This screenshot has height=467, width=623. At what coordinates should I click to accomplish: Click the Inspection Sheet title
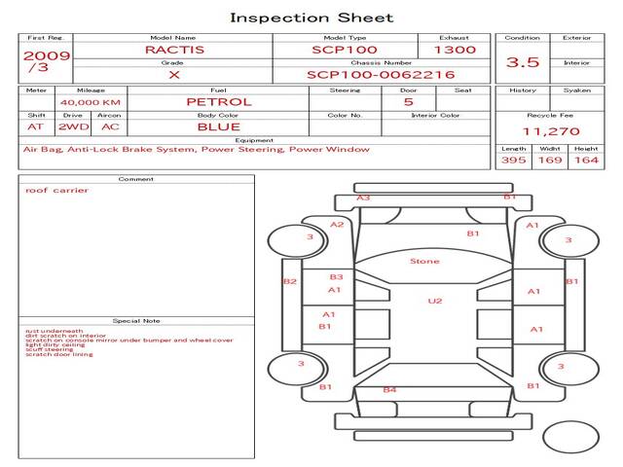(x=311, y=18)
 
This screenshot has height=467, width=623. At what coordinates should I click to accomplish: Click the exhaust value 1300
(x=455, y=50)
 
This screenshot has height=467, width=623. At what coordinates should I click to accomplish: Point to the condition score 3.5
(x=523, y=62)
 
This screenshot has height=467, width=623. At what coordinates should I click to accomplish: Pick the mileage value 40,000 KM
(x=90, y=102)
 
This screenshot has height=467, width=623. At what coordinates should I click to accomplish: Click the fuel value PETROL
(x=218, y=101)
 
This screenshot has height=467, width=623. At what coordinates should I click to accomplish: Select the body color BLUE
(x=218, y=126)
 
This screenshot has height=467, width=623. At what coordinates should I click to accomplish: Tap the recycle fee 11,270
(x=551, y=131)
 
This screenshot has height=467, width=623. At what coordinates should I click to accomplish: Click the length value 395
(x=513, y=160)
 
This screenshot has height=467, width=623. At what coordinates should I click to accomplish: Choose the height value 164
(x=586, y=160)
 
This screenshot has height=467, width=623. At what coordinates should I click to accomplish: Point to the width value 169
(x=550, y=160)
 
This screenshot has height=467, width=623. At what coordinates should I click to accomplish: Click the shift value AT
(x=36, y=126)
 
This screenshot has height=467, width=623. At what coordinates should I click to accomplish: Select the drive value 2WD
(x=71, y=126)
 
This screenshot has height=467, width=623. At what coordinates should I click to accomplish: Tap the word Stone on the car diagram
(x=424, y=261)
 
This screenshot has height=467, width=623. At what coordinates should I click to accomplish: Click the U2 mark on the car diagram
(x=435, y=301)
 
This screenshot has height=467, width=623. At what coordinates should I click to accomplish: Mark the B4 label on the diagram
(x=389, y=390)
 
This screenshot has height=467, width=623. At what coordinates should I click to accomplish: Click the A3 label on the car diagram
(x=363, y=198)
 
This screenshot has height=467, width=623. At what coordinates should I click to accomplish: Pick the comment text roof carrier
(x=56, y=191)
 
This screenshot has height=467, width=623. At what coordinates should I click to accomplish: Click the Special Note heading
(x=135, y=320)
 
